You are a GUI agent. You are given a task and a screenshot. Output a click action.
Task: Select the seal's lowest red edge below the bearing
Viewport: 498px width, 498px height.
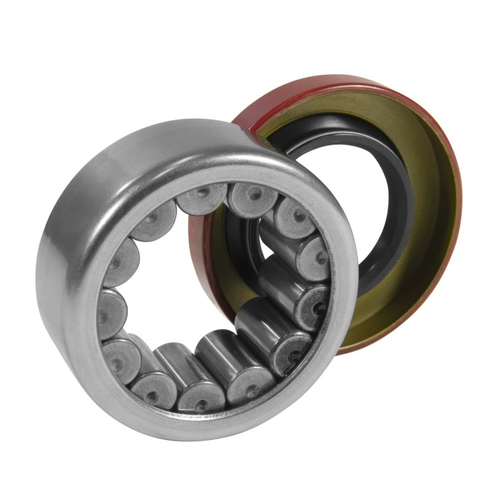pos(349,349)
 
